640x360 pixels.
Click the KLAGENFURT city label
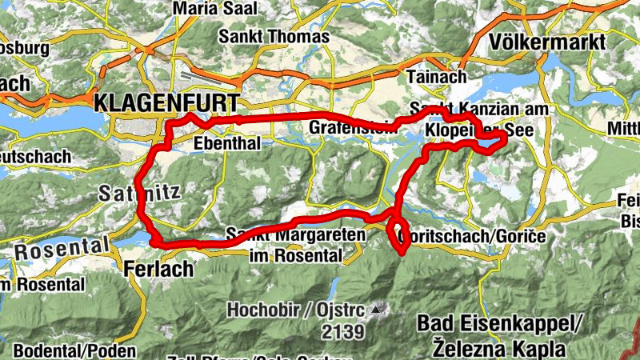pos(166,102)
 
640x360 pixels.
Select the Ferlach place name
pos(159,270)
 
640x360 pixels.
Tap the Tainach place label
pos(436,77)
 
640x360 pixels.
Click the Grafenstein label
pos(348,127)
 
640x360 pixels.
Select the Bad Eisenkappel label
pos(496,324)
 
